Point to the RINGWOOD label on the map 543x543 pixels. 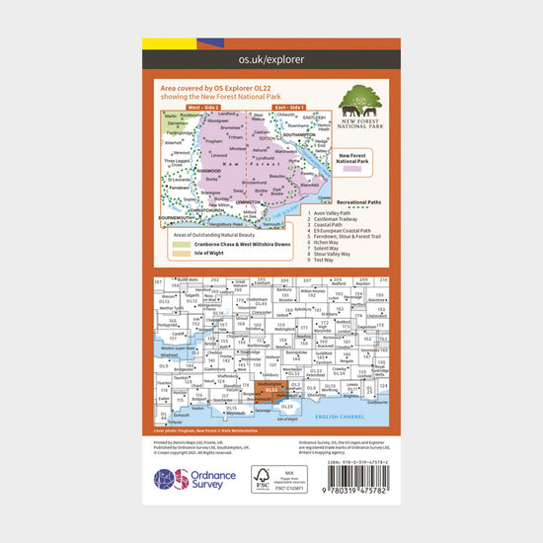pos(208,171)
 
